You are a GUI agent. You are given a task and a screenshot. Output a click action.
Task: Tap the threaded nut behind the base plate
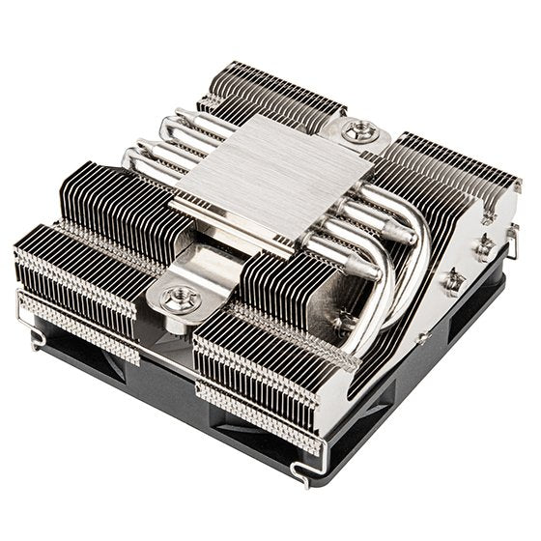pos(359,130)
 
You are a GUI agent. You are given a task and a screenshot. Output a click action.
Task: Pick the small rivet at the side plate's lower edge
pos(422,339)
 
